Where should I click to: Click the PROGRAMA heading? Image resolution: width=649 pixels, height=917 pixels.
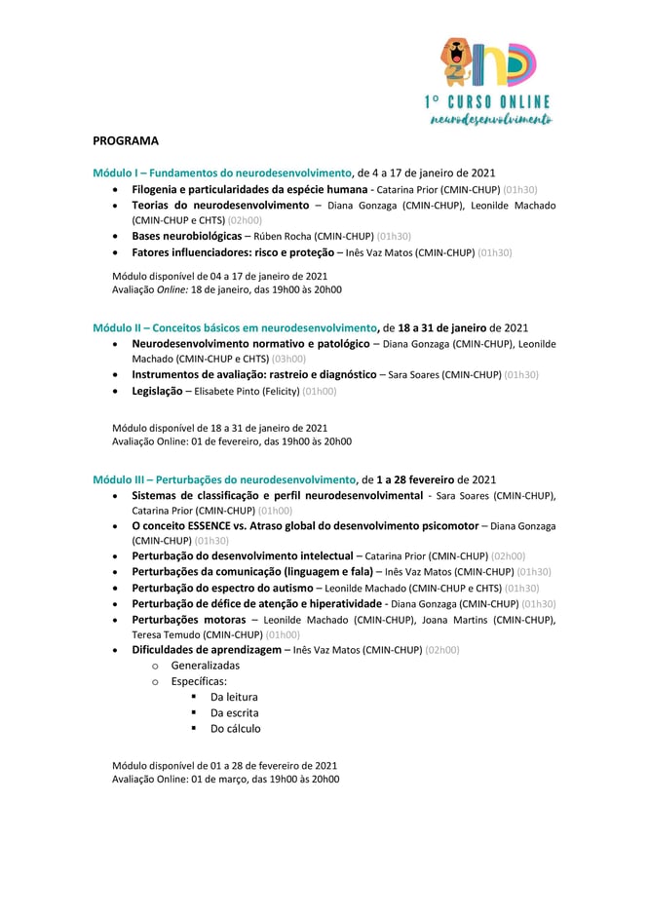pos(126,140)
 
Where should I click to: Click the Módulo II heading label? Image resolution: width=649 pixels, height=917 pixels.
pos(235,327)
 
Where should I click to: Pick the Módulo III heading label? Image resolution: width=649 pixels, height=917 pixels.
pos(225,479)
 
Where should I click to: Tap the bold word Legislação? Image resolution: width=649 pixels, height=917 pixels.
pos(157,391)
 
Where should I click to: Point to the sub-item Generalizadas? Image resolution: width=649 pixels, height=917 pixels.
pos(205,666)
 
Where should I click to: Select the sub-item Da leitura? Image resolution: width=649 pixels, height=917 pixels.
pos(234,697)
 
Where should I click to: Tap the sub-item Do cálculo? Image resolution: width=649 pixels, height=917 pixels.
pos(235,728)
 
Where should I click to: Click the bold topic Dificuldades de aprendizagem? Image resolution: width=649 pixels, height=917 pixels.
pos(206,650)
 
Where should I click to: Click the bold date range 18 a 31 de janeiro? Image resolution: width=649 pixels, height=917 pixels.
pos(443,327)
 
